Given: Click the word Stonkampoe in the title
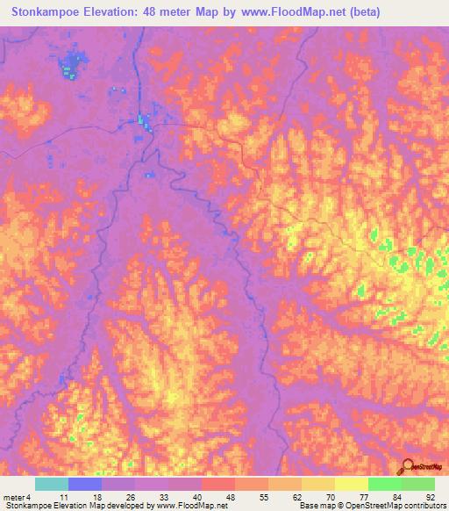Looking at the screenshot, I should tap(52, 12).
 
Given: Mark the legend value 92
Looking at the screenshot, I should tap(430, 496).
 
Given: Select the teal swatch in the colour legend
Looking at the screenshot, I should tap(51, 484).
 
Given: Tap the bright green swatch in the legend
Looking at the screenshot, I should tap(384, 484).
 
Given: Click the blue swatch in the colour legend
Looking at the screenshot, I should tap(84, 484).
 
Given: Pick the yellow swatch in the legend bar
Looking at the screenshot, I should tap(351, 484).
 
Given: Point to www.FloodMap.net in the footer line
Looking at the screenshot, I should tap(183, 506).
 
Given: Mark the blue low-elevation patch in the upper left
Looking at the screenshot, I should tap(69, 66).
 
